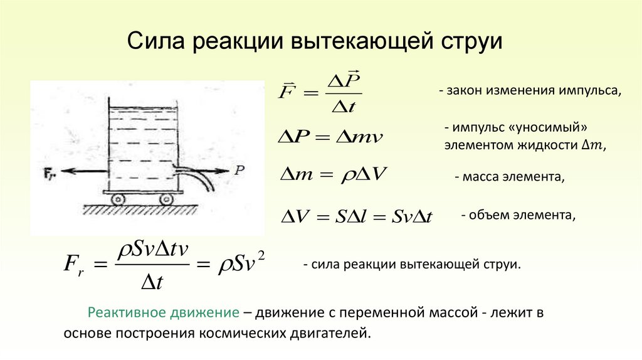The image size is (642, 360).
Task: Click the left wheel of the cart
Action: point(118,199)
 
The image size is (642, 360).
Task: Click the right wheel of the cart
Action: point(166,199)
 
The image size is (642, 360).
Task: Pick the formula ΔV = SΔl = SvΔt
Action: point(356,216)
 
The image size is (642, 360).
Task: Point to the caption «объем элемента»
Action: point(518,215)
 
